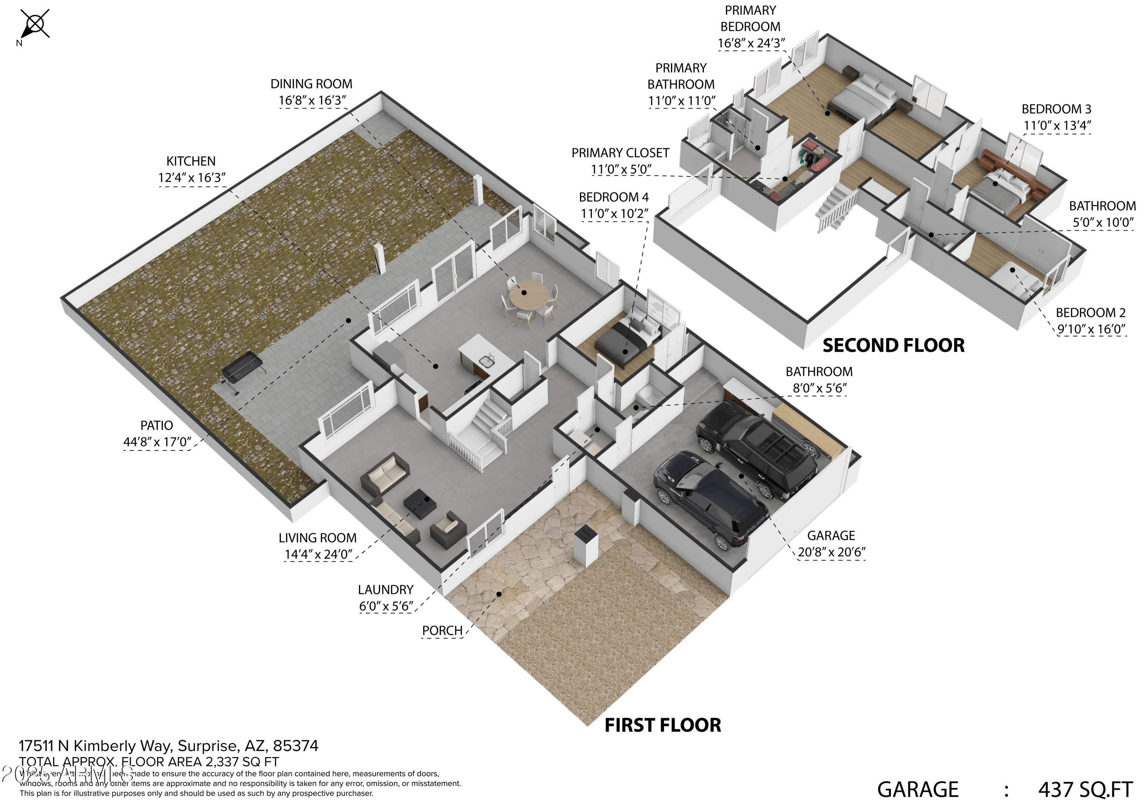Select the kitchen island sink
[484, 361]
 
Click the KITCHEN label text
[191, 161]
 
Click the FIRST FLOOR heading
[663, 725]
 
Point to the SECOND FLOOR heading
[893, 346]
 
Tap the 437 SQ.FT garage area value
[1085, 790]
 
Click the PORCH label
[442, 631]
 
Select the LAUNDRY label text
[386, 590]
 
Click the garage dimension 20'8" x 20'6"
[831, 552]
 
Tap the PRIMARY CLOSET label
[620, 153]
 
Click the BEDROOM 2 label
[1090, 313]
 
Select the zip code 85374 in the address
[296, 746]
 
